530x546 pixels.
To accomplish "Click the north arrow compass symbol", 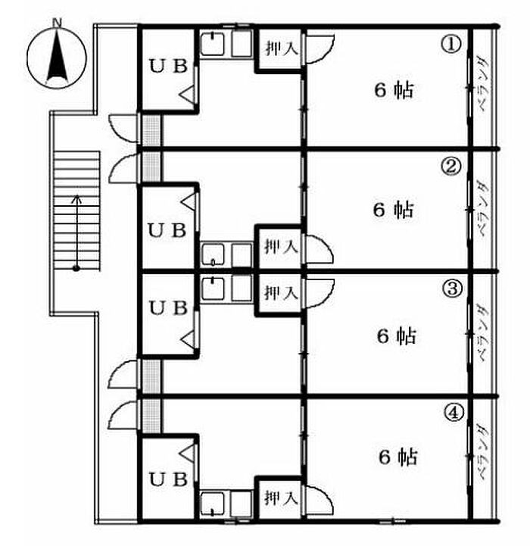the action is tap(57, 58).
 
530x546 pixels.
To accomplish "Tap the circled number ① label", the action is tap(451, 45).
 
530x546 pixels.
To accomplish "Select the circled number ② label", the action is tap(450, 166).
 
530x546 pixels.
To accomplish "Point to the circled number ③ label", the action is tap(452, 289).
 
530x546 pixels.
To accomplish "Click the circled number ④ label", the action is tap(454, 413).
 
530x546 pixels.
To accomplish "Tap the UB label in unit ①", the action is tap(169, 66).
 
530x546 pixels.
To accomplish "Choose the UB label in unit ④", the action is tap(169, 479).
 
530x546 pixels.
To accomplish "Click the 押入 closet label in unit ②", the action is tap(281, 247).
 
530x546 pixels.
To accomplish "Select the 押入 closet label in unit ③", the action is tap(281, 292).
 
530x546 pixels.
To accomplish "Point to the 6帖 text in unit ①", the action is tap(394, 90).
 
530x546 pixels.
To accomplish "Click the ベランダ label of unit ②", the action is tap(483, 210).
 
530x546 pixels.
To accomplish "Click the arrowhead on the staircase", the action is tap(76, 199).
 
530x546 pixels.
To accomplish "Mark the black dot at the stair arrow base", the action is tap(76, 269).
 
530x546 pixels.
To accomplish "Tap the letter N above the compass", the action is tap(57, 23).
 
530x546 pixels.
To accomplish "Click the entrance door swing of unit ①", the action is tap(123, 128).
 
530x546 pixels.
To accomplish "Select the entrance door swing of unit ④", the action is tap(123, 415).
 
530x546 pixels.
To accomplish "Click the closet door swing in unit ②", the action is tap(320, 249).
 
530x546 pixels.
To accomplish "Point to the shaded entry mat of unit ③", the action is tap(152, 377).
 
